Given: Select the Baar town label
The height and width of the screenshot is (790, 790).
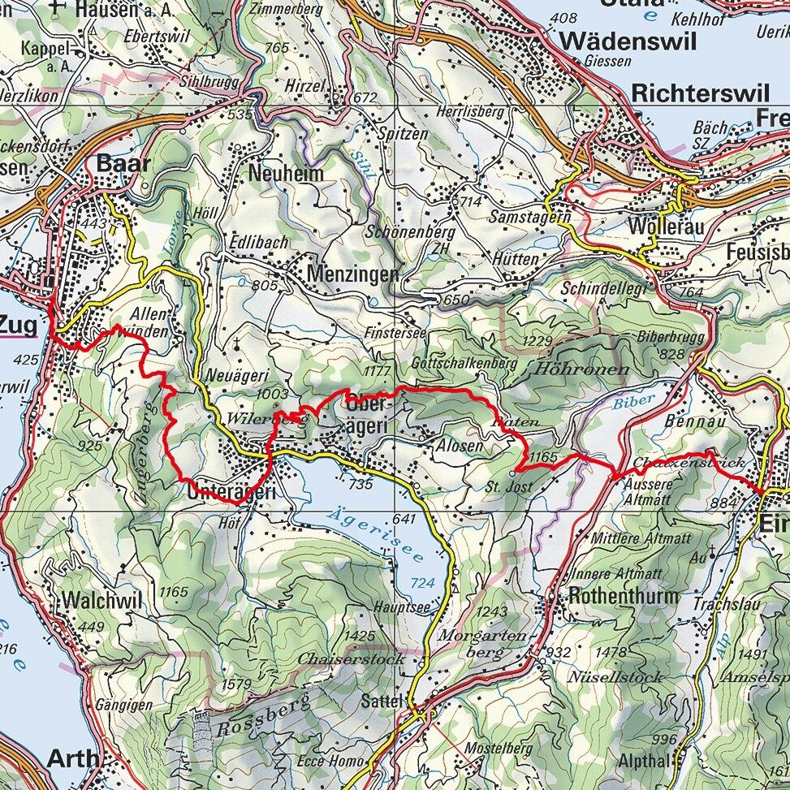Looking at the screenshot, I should [x=123, y=164].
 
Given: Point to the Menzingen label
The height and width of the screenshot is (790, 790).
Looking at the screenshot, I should [x=353, y=274].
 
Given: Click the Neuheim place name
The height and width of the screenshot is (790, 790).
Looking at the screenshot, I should [x=286, y=173].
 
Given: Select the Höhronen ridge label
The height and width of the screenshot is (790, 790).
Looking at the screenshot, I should [x=582, y=369].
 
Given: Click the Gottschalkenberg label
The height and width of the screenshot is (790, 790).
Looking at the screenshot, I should [x=464, y=364].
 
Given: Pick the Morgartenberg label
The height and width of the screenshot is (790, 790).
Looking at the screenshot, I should [x=482, y=643].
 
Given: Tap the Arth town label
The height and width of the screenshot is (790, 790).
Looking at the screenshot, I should [x=73, y=758].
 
